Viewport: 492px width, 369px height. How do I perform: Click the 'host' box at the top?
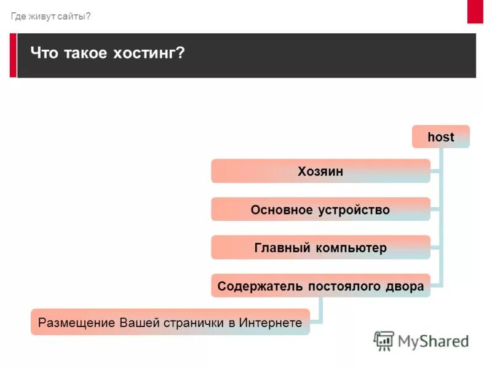tap(440, 137)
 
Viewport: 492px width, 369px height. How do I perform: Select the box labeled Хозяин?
tap(320, 172)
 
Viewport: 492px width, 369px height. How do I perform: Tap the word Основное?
tap(282, 210)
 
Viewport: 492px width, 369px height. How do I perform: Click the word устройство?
tap(354, 210)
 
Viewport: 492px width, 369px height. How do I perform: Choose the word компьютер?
tap(352, 248)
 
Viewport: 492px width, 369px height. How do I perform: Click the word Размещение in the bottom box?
tap(77, 322)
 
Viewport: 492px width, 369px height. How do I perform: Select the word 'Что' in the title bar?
tap(44, 54)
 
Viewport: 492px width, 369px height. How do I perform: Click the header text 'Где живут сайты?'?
tap(50, 16)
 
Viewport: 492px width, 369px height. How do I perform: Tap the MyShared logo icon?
tap(384, 341)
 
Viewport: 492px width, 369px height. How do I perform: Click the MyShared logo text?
tap(433, 341)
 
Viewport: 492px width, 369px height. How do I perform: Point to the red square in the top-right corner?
tap(475, 11)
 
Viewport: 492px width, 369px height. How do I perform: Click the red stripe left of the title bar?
tap(13, 55)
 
